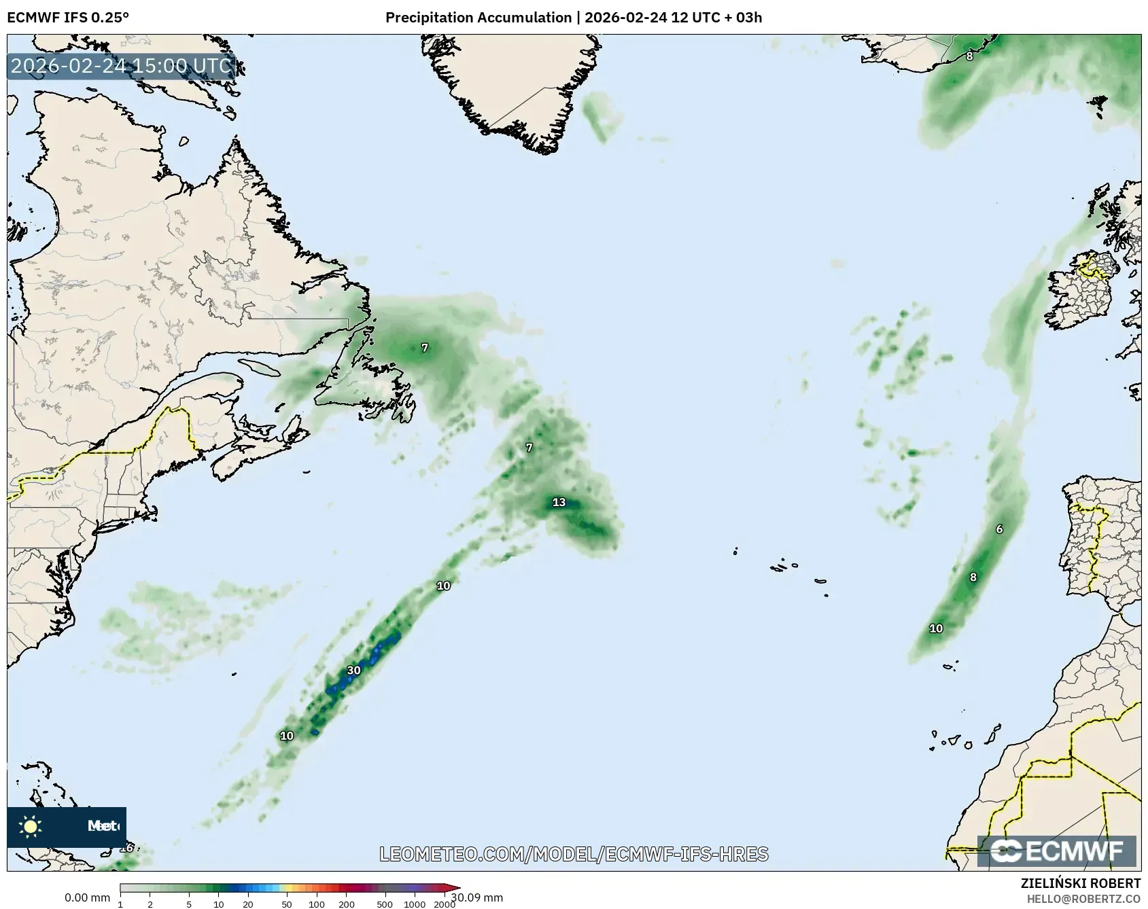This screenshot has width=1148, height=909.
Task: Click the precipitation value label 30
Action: tap(353, 671)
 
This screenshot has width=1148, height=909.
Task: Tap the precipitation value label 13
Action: tap(559, 503)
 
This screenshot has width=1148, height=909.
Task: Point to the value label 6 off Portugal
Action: tap(999, 529)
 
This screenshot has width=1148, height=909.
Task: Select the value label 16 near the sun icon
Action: tap(126, 848)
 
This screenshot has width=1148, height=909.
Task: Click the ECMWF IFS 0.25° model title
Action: tap(68, 18)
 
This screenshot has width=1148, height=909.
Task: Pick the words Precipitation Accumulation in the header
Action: tap(479, 18)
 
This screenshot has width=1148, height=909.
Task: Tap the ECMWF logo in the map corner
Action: tap(1056, 851)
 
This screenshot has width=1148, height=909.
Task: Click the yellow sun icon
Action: tap(30, 826)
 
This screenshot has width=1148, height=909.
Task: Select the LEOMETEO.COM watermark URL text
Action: tap(574, 854)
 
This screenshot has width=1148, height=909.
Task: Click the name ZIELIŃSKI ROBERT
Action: tap(1081, 883)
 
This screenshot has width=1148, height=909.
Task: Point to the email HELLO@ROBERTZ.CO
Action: tap(1083, 899)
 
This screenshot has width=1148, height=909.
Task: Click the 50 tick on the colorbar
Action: tap(287, 904)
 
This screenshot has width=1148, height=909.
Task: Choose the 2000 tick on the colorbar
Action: tap(445, 904)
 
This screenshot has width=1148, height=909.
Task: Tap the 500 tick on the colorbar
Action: tap(385, 904)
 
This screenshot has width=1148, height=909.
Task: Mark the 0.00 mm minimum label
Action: tap(87, 898)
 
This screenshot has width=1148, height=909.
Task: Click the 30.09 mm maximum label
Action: tap(477, 897)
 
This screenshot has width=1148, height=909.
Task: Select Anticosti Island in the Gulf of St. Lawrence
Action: tap(260, 368)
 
